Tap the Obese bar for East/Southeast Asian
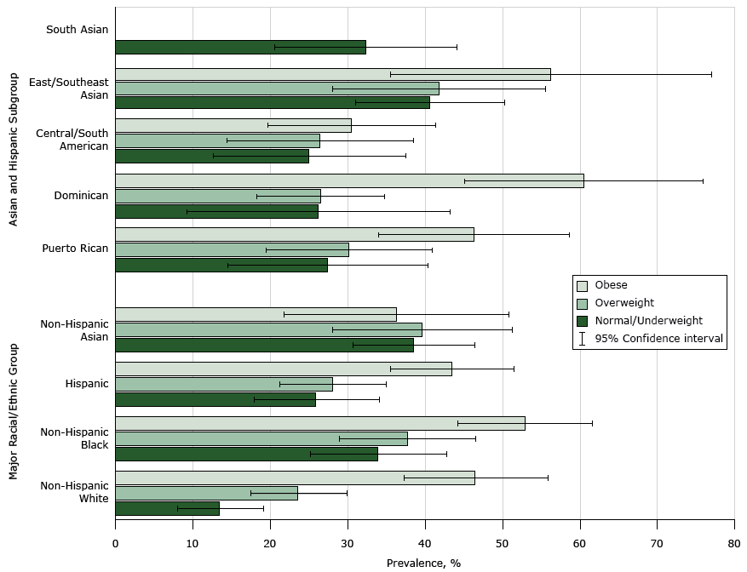332,74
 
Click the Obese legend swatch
583,286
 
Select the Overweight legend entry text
625,303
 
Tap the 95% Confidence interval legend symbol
583,338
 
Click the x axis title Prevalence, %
423,563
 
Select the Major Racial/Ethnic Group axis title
14,410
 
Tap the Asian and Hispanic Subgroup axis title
14,150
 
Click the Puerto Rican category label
75,249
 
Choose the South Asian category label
77,30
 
